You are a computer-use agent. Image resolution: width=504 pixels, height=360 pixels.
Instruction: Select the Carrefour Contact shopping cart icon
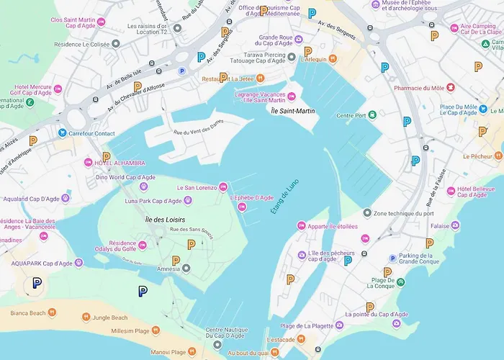coord(63,133)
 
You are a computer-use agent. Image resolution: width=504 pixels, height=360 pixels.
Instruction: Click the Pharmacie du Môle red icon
coord(451,88)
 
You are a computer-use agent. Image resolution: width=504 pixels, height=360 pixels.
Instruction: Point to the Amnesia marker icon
coord(186,269)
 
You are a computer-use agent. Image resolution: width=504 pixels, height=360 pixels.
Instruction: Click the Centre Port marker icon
coord(372,115)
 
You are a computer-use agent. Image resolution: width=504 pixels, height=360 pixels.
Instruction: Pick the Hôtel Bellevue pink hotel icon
coord(451,191)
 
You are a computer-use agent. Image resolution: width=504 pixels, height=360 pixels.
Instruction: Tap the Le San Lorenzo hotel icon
coord(223,187)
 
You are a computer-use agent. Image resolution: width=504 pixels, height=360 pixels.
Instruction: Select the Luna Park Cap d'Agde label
coord(153,201)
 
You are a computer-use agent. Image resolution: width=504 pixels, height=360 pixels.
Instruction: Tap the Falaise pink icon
coord(455,225)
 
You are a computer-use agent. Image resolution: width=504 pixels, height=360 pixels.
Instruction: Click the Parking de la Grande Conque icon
coord(392,258)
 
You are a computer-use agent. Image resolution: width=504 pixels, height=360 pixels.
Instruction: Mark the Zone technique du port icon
coord(366,213)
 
